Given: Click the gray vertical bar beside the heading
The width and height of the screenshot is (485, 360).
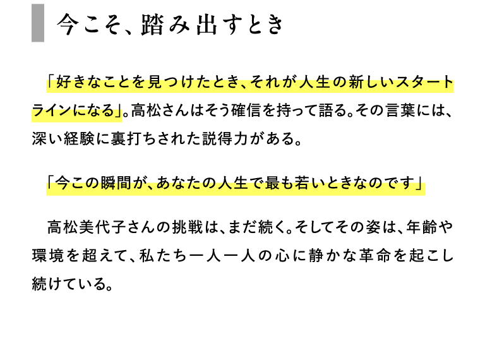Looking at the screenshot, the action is pos(38,23).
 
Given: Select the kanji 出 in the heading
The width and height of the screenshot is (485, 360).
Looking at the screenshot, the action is pos(207,24).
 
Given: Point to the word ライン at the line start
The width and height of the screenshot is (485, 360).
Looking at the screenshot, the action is pos(51,111).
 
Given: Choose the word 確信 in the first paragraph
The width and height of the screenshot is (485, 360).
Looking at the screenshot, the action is pos(246,111).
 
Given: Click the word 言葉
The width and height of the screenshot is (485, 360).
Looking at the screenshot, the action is pos(400,111).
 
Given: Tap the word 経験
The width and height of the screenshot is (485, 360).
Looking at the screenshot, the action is pos(79,138).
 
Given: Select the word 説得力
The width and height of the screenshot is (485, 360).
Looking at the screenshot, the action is pos(225,138).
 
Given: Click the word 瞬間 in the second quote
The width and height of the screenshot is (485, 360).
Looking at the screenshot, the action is pos(116,183).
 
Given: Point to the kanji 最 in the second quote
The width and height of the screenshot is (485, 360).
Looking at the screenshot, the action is pos(272,183).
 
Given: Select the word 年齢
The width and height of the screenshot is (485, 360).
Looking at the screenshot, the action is pos(421,227).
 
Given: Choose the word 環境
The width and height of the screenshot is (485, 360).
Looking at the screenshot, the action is pos(47,256).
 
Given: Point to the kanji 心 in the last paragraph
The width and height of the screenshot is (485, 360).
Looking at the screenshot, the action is pos(282,256).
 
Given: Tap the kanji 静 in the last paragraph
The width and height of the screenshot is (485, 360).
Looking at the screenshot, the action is pos(316,256).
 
